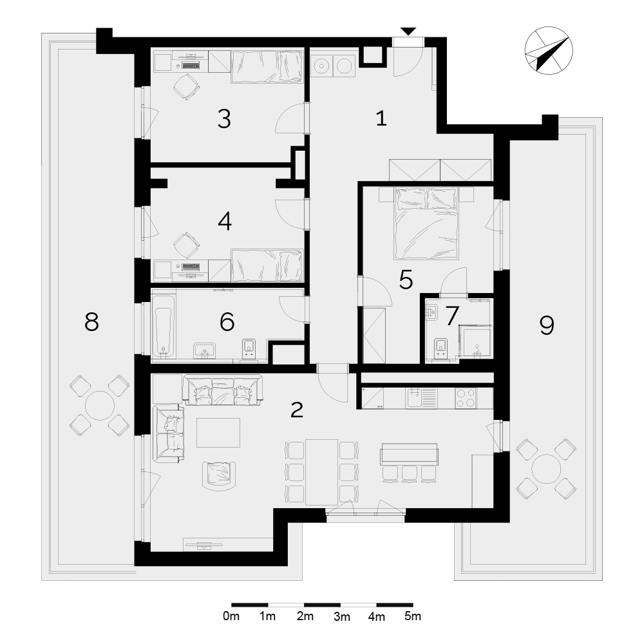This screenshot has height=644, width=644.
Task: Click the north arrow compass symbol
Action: pyautogui.click(x=549, y=51)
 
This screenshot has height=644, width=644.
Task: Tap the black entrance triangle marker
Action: pyautogui.click(x=408, y=31)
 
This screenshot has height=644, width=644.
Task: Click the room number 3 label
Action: pyautogui.click(x=224, y=119)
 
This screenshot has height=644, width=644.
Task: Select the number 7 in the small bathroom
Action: pyautogui.click(x=452, y=316)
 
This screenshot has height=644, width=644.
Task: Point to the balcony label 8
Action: pyautogui.click(x=91, y=321)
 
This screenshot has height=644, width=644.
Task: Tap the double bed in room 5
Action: pyautogui.click(x=426, y=223)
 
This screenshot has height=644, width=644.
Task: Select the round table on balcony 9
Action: pyautogui.click(x=546, y=469)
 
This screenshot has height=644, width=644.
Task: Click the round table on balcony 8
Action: pyautogui.click(x=100, y=405)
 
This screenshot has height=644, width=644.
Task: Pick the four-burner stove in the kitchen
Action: pyautogui.click(x=466, y=397)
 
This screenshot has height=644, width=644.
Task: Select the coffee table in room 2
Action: pyautogui.click(x=218, y=433)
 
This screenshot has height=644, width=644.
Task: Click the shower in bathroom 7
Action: pyautogui.click(x=476, y=342)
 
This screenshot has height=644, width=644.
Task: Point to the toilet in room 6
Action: pyautogui.click(x=249, y=348)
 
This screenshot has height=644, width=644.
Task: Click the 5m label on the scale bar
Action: pyautogui.click(x=413, y=616)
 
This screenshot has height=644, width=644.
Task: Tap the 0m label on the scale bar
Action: pyautogui.click(x=231, y=616)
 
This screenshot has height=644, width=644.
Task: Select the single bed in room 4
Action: pyautogui.click(x=267, y=265)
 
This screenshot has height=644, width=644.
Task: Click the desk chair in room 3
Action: pyautogui.click(x=187, y=86)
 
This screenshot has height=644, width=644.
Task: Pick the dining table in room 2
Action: pyautogui.click(x=321, y=472)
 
